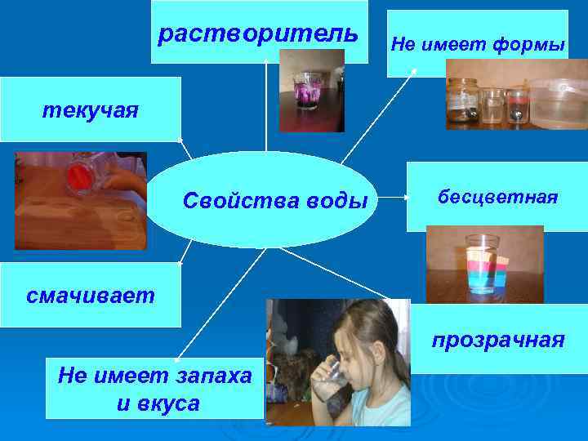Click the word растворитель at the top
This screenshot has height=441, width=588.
tap(257, 34)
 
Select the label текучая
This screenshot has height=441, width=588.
tap(91, 110)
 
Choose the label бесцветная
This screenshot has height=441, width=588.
tap(497, 197)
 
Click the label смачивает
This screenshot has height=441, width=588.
tap(90, 295)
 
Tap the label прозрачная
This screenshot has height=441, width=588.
tap(497, 339)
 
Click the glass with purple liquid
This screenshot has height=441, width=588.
tap(307, 91)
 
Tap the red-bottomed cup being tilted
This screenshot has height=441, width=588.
tap(82, 175)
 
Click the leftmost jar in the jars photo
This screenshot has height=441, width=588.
tap(462, 104)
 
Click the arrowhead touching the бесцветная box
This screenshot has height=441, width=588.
tap(406, 197)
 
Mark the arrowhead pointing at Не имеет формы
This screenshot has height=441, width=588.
tap(414, 71)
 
